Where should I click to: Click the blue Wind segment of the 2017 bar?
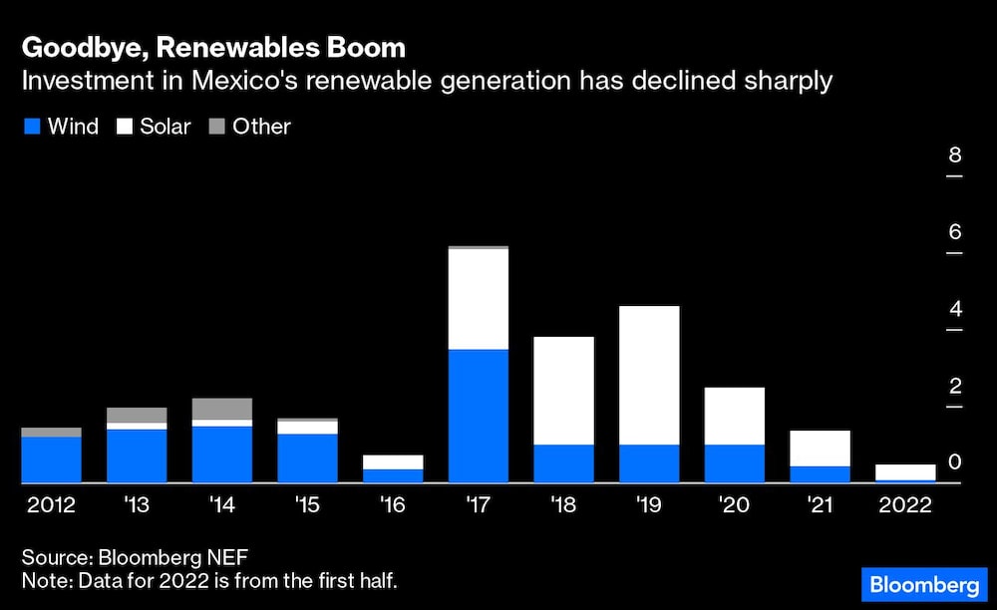click(x=479, y=416)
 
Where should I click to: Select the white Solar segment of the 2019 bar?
click(x=649, y=375)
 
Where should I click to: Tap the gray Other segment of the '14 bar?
click(x=221, y=409)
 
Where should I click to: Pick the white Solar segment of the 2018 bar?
click(x=563, y=391)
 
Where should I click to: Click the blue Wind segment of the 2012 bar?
click(x=51, y=459)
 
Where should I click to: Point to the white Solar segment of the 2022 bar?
click(x=905, y=471)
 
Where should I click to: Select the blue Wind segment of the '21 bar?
click(x=820, y=474)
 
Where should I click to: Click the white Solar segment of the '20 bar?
click(x=735, y=416)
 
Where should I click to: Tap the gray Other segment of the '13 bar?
click(x=137, y=415)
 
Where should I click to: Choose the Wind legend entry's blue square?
click(x=31, y=127)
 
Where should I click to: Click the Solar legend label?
click(x=165, y=127)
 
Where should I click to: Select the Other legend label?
click(x=261, y=127)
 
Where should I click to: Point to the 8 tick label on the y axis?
click(x=954, y=155)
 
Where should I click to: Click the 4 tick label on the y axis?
click(x=954, y=309)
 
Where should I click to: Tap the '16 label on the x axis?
click(x=393, y=505)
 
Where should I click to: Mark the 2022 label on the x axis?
click(x=905, y=505)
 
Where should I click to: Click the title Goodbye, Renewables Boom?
click(x=214, y=48)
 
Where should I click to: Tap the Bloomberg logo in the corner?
click(x=923, y=582)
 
